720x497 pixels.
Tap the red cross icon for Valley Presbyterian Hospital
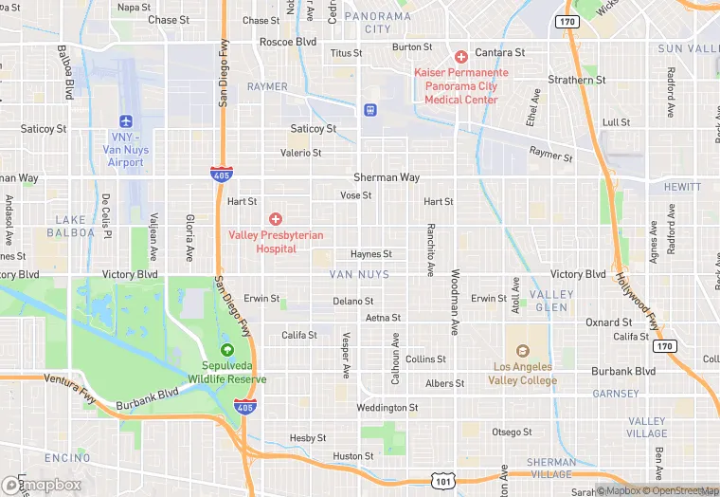click(276, 219)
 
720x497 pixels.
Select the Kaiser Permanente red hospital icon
click(461, 57)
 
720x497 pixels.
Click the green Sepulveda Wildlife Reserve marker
click(226, 351)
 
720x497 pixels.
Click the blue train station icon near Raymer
click(369, 110)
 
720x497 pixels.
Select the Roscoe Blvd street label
click(288, 42)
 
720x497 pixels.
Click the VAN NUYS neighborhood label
click(353, 274)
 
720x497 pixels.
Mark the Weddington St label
click(387, 408)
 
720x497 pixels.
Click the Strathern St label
click(576, 81)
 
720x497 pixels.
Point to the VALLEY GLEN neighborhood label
click(550, 301)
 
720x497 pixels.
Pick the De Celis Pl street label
click(107, 217)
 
